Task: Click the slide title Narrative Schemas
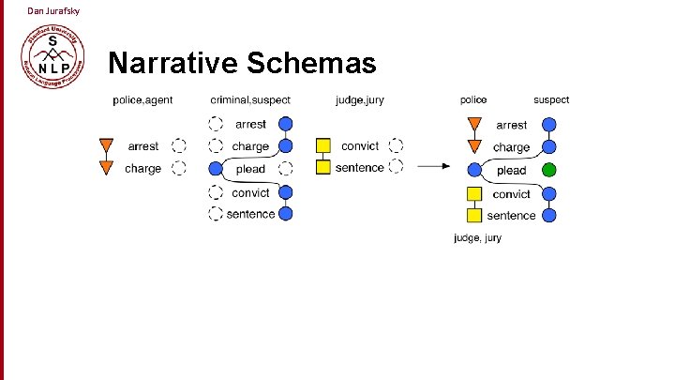(242, 63)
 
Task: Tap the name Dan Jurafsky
(53, 10)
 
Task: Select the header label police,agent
(142, 100)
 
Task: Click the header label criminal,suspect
(250, 100)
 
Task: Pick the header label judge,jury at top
(359, 100)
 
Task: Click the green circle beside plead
(549, 170)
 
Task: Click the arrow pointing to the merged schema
(434, 167)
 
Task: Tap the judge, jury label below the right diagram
(477, 237)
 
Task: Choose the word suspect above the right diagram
(551, 99)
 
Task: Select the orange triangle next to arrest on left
(107, 145)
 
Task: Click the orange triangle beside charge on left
(107, 168)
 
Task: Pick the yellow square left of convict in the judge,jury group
(323, 145)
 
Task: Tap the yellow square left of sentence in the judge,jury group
(323, 167)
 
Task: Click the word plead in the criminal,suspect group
(250, 169)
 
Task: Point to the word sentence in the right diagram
(511, 215)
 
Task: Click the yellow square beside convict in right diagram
(474, 194)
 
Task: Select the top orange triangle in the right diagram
(474, 124)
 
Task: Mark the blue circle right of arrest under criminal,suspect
(286, 123)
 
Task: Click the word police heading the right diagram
(473, 99)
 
